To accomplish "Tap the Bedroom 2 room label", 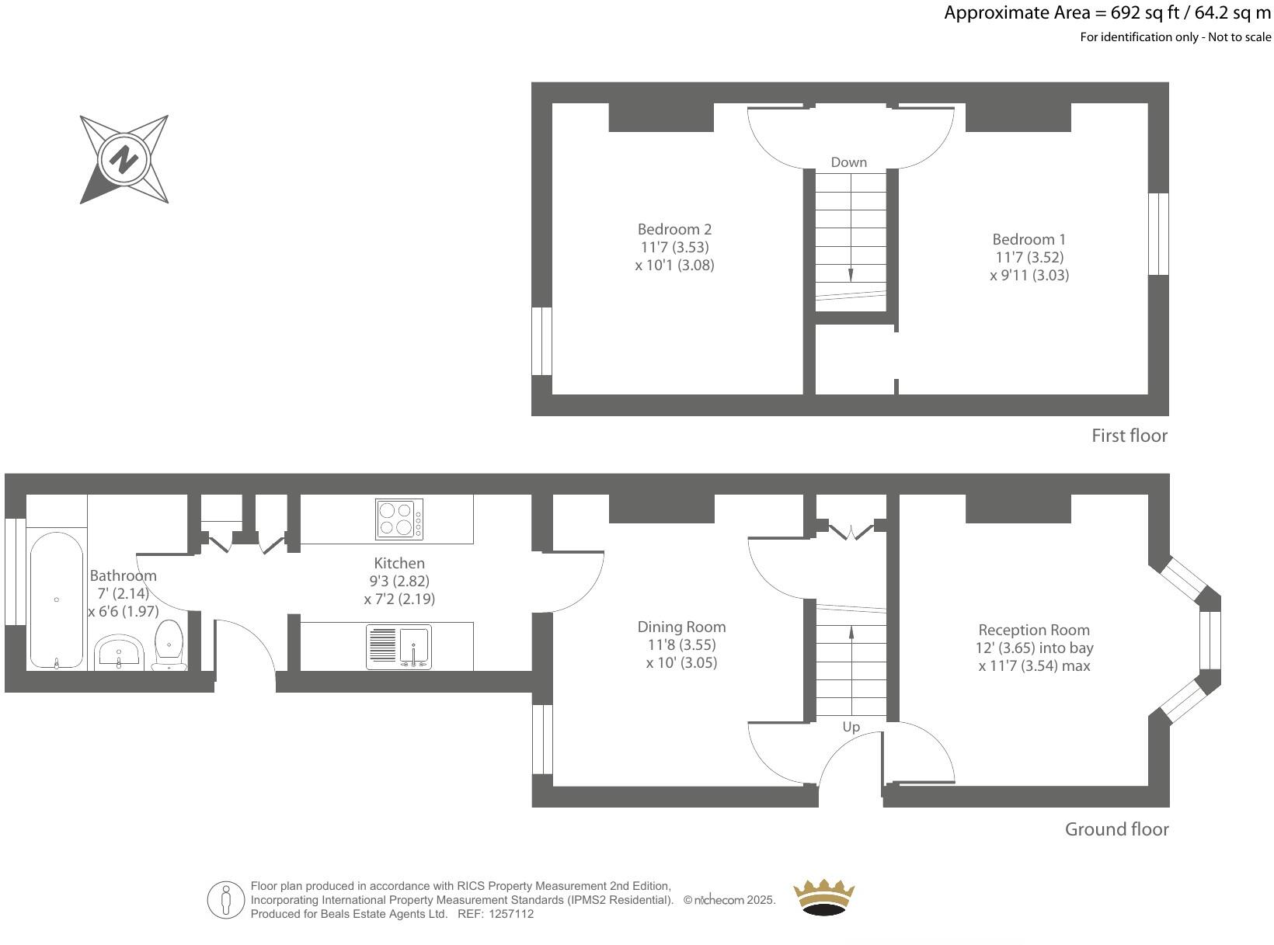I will [x=674, y=229].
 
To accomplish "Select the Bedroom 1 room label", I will [x=1029, y=239].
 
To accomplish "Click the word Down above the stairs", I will [x=848, y=162].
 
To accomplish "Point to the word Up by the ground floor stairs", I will [x=851, y=728].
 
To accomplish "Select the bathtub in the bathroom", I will [x=56, y=599].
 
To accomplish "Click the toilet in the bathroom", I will [x=169, y=645].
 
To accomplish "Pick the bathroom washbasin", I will [x=118, y=651].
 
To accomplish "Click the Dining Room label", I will [x=681, y=627].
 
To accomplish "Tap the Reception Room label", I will [x=1033, y=630].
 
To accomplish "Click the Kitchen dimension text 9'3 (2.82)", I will [x=399, y=581].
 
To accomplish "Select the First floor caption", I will [x=1129, y=436].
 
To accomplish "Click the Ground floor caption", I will [x=1116, y=829].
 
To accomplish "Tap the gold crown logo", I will [x=823, y=898].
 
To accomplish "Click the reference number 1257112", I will [x=510, y=914].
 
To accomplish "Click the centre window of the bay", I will [x=1210, y=641].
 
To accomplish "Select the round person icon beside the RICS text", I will [x=226, y=901].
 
